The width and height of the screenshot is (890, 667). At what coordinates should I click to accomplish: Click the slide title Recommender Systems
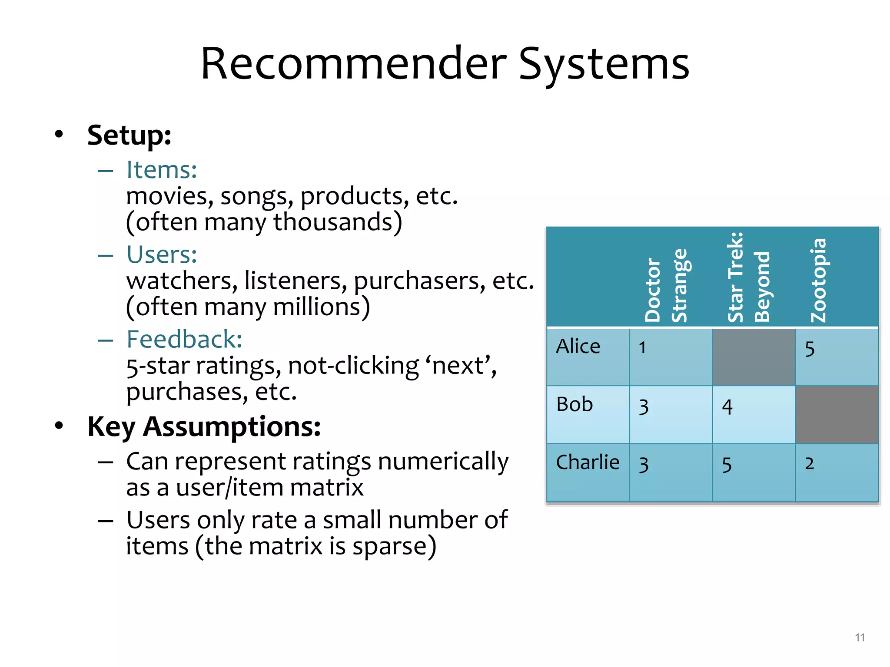[445, 64]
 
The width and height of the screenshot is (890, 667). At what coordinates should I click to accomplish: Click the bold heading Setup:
[129, 135]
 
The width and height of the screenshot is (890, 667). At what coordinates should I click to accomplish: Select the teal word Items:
[162, 170]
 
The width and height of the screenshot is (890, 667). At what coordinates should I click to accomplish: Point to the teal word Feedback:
[184, 339]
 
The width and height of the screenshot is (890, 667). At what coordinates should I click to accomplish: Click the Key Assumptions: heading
[204, 427]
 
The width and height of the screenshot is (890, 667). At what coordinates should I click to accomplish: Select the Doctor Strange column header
[666, 287]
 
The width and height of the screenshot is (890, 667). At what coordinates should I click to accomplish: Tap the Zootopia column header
[819, 280]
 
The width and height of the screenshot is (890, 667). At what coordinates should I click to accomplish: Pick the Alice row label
[578, 347]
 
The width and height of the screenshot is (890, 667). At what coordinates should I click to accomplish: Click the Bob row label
[575, 405]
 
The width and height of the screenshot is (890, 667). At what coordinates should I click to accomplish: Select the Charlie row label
[588, 462]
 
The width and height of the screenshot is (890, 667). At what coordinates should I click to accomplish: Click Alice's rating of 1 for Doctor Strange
[642, 348]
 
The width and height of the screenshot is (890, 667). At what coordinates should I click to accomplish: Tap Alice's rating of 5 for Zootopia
[809, 349]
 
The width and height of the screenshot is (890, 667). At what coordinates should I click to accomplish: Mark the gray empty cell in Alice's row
[754, 357]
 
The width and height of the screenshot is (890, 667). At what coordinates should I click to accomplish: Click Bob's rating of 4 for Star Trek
[727, 407]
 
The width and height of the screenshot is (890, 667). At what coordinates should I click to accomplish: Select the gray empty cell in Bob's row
[837, 415]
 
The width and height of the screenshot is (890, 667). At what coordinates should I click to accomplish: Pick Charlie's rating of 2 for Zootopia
[809, 464]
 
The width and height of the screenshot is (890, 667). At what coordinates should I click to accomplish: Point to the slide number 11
[860, 637]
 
